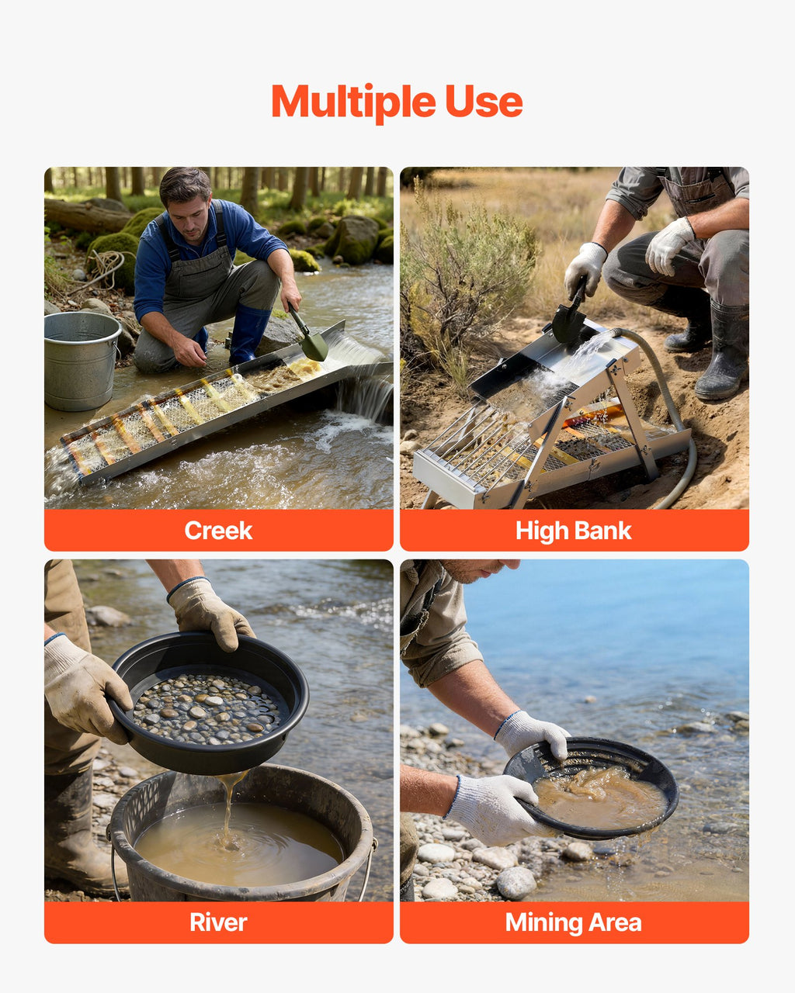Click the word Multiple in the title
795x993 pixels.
coord(353,102)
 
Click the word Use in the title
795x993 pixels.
coord(484,101)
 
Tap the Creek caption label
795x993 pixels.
coord(218,530)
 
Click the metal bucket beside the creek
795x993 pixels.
coord(81,361)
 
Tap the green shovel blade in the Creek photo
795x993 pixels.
coord(314,346)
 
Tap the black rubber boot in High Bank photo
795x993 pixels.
coord(721,353)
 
